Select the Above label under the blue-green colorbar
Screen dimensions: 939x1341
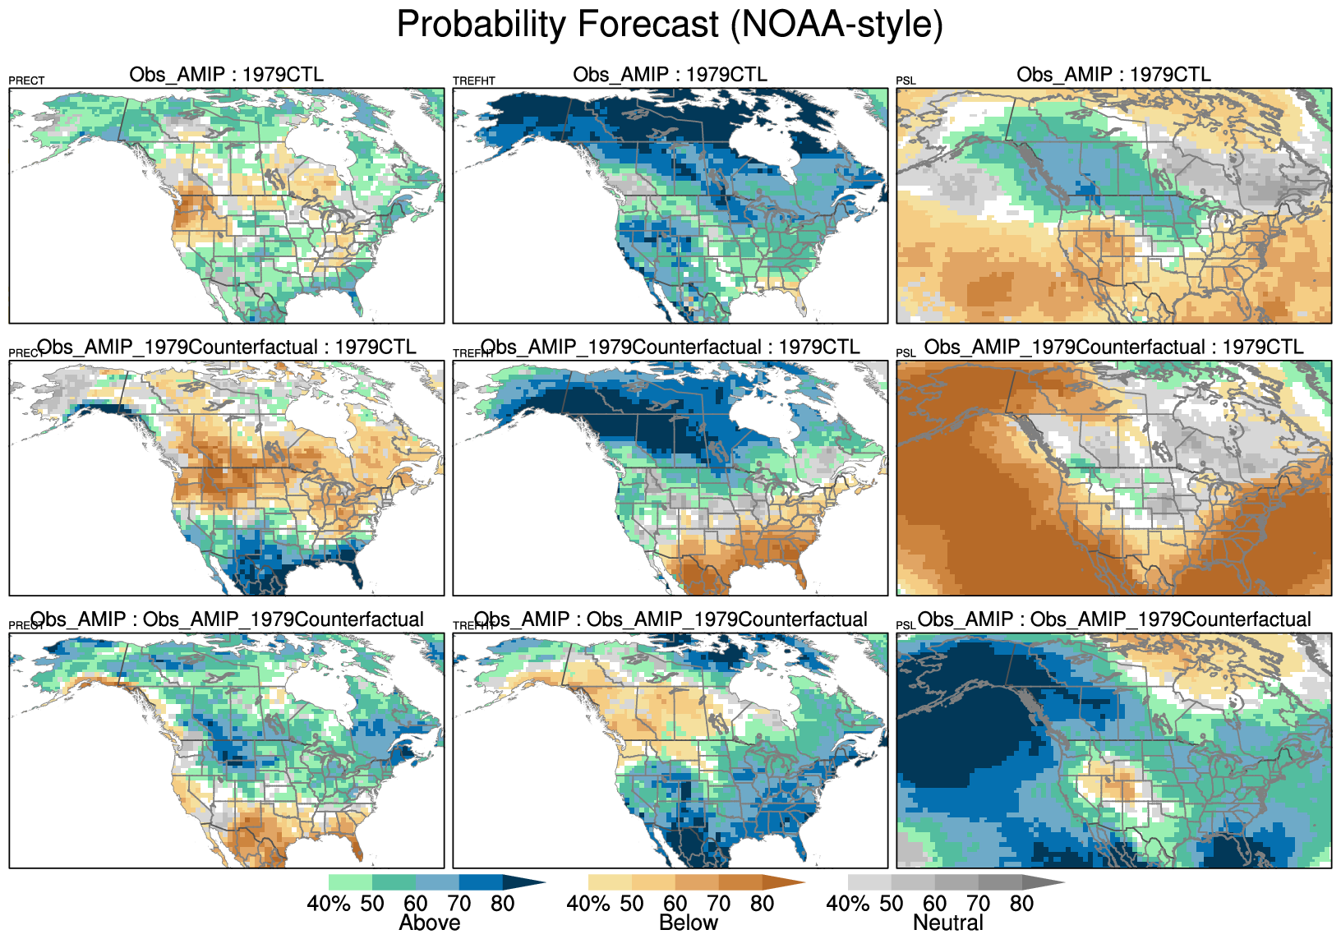tap(429, 923)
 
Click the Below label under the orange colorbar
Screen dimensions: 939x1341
tap(689, 923)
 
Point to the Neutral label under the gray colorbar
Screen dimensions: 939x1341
tap(948, 923)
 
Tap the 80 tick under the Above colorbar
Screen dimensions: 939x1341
tap(502, 904)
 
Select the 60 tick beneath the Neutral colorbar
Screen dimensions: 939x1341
tap(935, 904)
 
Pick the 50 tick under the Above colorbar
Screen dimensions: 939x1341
tap(372, 904)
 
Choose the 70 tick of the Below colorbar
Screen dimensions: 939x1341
tap(719, 904)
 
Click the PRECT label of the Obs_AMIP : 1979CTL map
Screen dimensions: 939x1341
tap(26, 81)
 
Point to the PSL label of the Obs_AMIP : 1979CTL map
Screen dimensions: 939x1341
tap(906, 81)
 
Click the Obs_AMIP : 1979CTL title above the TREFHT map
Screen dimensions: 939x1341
tap(670, 75)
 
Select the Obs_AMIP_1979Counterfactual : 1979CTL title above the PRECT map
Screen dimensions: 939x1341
tap(227, 347)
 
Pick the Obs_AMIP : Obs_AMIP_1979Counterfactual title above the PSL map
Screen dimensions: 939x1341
tap(1114, 619)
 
